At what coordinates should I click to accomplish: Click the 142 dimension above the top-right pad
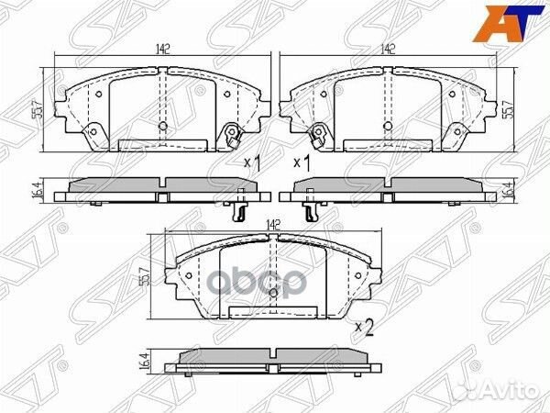389,51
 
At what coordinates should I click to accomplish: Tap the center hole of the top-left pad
163,126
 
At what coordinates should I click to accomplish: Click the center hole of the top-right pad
388,126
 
